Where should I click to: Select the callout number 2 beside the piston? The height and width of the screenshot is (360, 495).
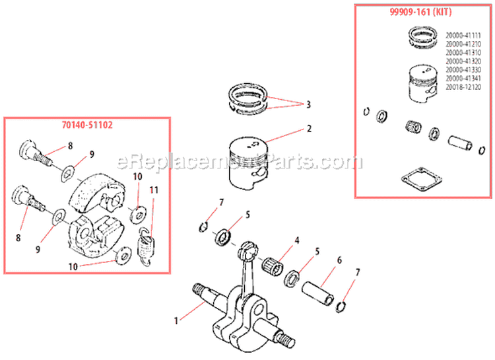pos(308,130)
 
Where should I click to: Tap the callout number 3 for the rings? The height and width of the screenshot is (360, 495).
pos(308,105)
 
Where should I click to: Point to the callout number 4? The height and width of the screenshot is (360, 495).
pos(297,241)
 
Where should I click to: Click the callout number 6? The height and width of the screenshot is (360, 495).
pos(339,262)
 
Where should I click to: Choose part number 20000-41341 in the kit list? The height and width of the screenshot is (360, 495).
pos(463,78)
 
